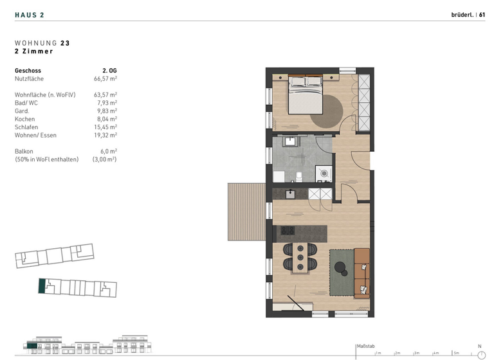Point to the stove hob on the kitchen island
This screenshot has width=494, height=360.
pyautogui.click(x=287, y=230)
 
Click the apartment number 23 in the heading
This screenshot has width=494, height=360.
pyautogui.click(x=65, y=43)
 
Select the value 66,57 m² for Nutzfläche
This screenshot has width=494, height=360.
pyautogui.click(x=105, y=78)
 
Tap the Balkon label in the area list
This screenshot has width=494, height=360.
pyautogui.click(x=24, y=151)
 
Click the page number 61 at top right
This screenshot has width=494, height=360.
pyautogui.click(x=482, y=14)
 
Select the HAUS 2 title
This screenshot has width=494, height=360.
pyautogui.click(x=30, y=14)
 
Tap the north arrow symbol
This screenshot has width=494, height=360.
pyautogui.click(x=480, y=353)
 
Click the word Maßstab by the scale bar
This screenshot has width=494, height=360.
pyautogui.click(x=365, y=346)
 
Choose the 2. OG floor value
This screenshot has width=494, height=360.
pyautogui.click(x=109, y=70)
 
